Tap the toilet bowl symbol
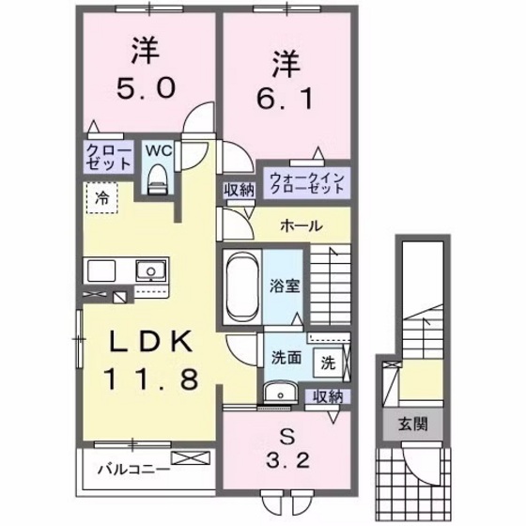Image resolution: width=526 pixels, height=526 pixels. point(157,176)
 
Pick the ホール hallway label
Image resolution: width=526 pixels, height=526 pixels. point(301,225)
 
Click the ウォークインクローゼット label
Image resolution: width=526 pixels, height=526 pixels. point(307,182)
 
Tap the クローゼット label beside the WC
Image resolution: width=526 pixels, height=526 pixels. point(108,157)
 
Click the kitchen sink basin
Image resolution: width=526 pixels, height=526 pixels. point(147,272)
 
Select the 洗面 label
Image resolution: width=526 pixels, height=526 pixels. point(286,358)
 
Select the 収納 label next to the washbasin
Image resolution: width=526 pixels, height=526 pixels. point(328,396)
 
